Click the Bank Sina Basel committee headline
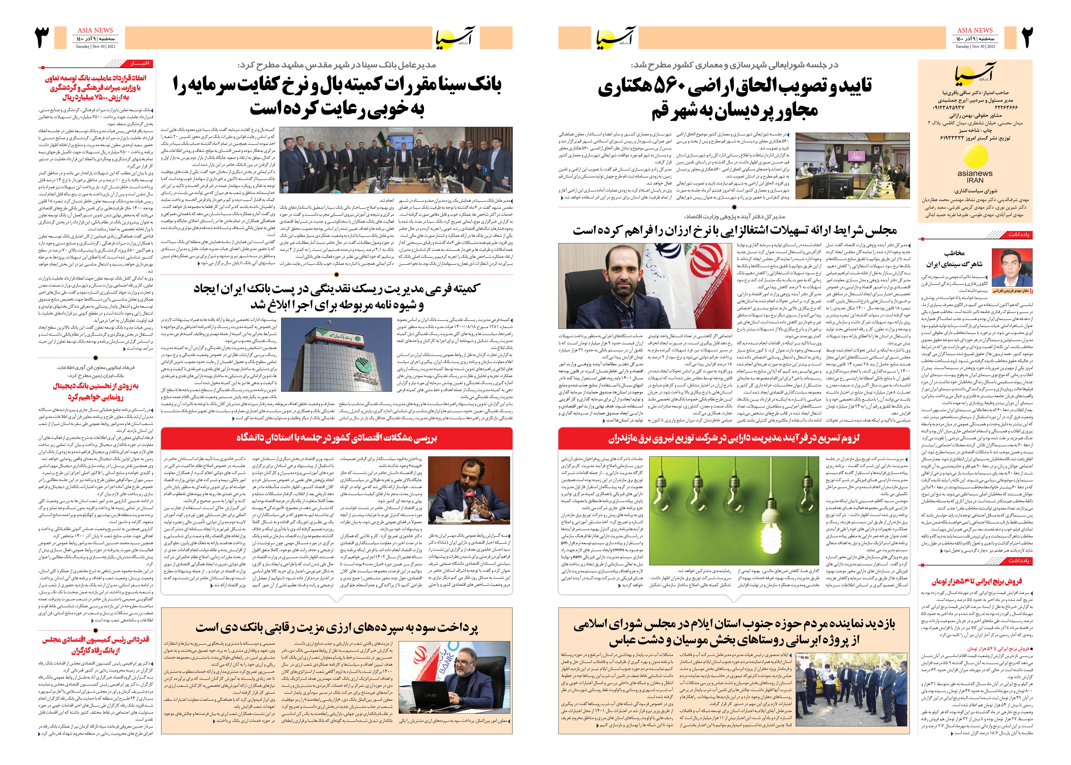336,97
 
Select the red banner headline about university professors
336,438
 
